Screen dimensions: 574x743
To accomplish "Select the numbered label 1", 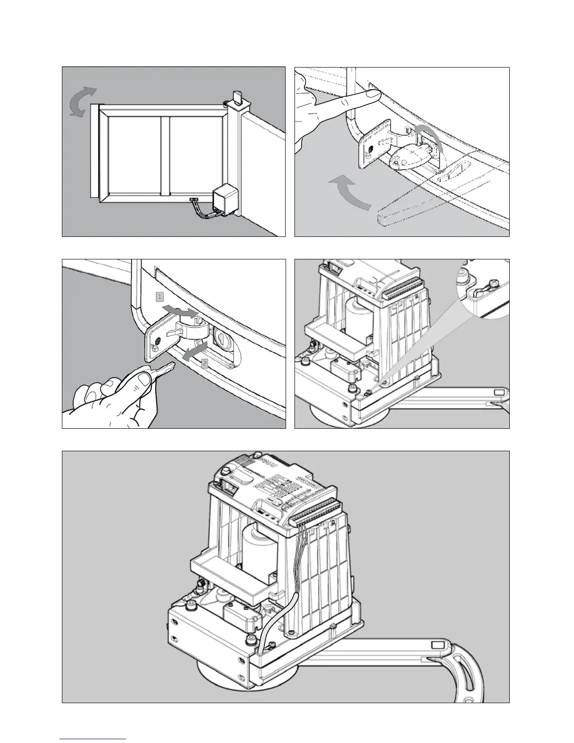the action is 160,297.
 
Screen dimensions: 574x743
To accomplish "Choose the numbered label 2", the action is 204,363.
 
